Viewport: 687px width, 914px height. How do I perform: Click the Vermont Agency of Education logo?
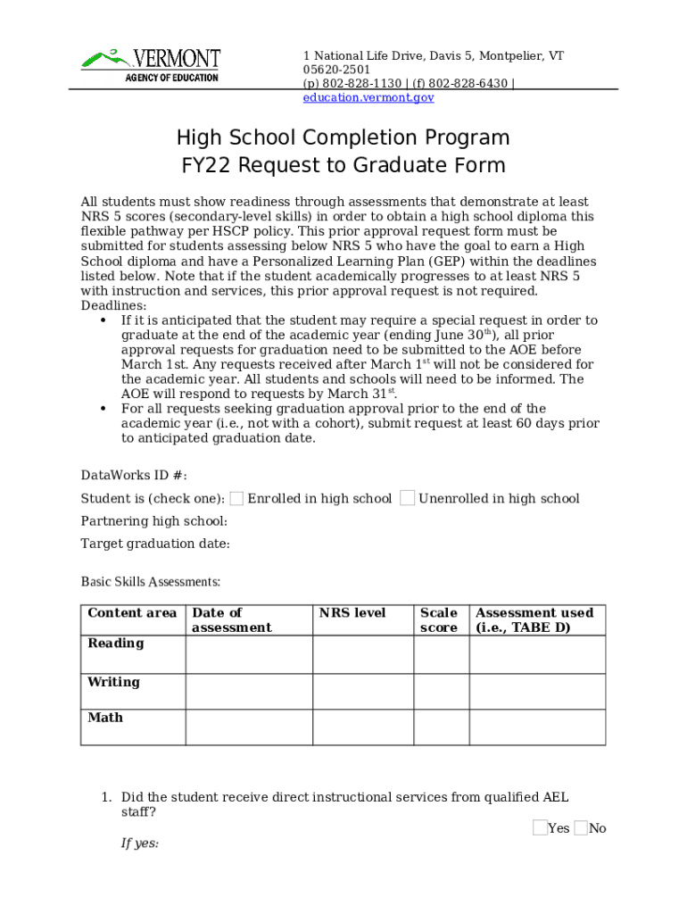coord(151,64)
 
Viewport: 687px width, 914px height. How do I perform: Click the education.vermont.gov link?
coord(368,97)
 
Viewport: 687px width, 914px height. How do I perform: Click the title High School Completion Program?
coord(343,137)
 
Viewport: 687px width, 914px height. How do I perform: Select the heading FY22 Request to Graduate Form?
coord(343,165)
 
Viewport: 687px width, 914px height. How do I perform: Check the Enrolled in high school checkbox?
coord(237,498)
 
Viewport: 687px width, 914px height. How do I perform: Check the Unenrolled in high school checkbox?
coord(408,498)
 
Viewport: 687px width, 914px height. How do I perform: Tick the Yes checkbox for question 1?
coord(540,828)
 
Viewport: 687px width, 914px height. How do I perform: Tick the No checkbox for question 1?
coord(581,828)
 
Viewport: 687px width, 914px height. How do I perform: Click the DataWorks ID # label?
coord(134,475)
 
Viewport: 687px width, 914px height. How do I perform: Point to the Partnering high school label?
coord(153,521)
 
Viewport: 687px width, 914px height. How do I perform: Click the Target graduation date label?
coord(155,544)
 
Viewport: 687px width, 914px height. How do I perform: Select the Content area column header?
coord(132,613)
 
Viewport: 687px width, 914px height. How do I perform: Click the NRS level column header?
coord(352,613)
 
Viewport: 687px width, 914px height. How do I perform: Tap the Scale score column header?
coord(439,620)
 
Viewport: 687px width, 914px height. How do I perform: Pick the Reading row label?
coord(115,644)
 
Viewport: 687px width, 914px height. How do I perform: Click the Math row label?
coord(105,718)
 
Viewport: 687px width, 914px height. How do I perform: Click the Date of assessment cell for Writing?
coord(249,692)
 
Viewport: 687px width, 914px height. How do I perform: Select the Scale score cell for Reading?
coord(442,654)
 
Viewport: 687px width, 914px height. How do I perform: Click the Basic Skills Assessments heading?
coord(150,582)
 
